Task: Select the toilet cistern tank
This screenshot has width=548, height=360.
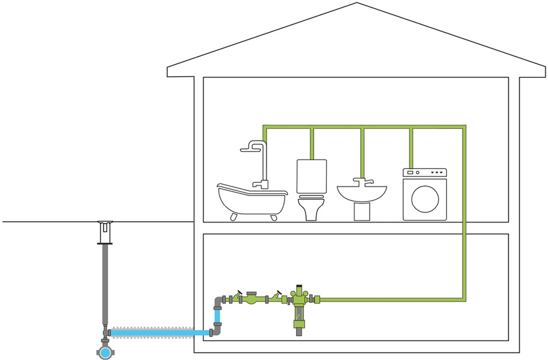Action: (x=312, y=177)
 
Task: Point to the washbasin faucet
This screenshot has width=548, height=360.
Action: (x=361, y=182)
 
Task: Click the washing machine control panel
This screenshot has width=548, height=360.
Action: (x=425, y=172)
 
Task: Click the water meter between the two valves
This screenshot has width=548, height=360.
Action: (x=251, y=298)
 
